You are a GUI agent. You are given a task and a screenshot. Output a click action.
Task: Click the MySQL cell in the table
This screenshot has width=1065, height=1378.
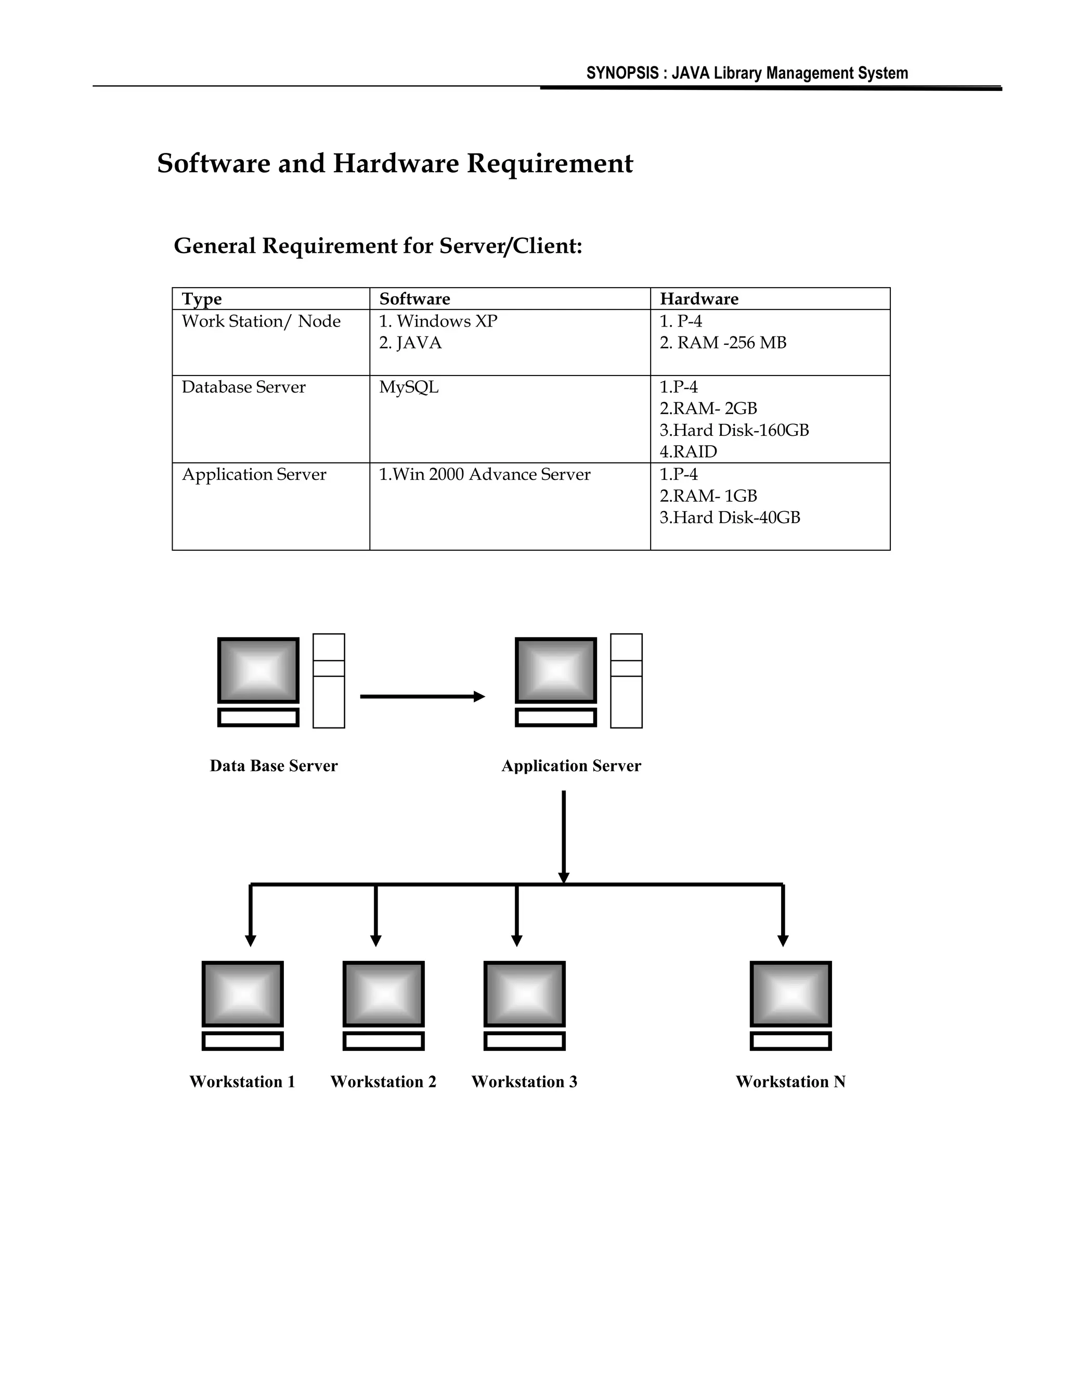coord(408,387)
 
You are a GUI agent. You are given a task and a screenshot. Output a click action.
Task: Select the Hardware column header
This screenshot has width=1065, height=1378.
coord(698,299)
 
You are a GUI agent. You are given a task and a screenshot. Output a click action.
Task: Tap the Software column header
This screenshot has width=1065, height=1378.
coord(414,299)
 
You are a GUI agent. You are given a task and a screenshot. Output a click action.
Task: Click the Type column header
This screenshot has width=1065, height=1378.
coord(202,299)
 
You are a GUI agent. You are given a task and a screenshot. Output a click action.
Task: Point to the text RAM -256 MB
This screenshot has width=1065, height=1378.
coord(731,343)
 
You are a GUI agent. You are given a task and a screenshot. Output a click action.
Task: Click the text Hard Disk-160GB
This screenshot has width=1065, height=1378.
coord(741,431)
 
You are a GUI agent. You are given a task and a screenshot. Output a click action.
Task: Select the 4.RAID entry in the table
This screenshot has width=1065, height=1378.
coord(689,452)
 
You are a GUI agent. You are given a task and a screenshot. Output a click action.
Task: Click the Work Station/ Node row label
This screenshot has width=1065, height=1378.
coord(261,322)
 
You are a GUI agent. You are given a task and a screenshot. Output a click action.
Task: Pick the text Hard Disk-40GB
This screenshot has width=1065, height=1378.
coord(736,518)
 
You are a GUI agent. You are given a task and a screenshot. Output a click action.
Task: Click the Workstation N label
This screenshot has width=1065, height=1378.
coord(790,1082)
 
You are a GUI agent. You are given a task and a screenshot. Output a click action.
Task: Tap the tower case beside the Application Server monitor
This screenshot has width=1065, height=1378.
coord(626,681)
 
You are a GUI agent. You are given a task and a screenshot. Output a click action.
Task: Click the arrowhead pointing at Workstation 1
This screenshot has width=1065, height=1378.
coord(251,940)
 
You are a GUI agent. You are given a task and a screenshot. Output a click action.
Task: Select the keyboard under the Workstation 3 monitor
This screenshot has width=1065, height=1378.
coord(524,1041)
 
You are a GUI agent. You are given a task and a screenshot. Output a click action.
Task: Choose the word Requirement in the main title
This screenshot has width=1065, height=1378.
coord(549,163)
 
